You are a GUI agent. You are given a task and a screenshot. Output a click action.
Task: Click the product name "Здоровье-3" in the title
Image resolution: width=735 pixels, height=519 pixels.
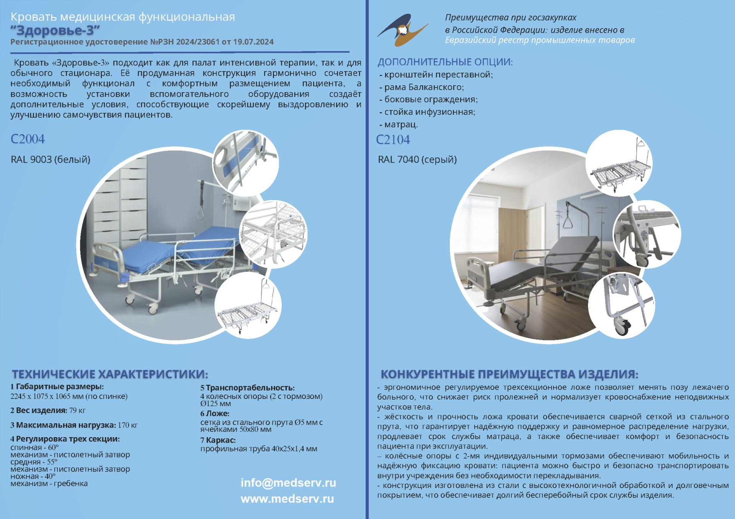pyautogui.click(x=55, y=30)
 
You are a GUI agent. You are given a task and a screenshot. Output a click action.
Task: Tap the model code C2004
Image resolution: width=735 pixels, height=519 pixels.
pyautogui.click(x=28, y=139)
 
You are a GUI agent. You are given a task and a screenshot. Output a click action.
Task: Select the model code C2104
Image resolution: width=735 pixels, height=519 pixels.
pyautogui.click(x=393, y=140)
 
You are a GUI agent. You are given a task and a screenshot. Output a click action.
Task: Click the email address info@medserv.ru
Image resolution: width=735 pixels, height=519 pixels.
pyautogui.click(x=288, y=483)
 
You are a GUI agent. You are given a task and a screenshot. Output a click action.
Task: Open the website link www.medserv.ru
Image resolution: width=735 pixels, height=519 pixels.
pyautogui.click(x=287, y=499)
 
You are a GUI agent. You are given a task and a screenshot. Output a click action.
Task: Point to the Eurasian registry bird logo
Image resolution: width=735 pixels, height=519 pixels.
pyautogui.click(x=403, y=30)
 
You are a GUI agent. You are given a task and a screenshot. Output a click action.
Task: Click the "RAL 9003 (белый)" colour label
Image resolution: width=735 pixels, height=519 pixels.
pyautogui.click(x=51, y=159)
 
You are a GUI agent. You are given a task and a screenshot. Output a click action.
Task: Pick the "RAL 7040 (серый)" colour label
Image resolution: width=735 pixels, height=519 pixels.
pyautogui.click(x=417, y=159)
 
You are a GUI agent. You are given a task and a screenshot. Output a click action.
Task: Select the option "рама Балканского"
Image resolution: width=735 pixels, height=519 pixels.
pyautogui.click(x=424, y=87)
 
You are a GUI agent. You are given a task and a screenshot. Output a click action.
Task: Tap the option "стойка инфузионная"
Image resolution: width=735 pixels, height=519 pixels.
pyautogui.click(x=430, y=112)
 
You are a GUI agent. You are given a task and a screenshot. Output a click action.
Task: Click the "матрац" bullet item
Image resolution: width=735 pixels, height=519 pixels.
pyautogui.click(x=401, y=125)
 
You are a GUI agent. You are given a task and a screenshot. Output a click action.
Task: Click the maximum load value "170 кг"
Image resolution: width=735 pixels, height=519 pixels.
pyautogui.click(x=128, y=425)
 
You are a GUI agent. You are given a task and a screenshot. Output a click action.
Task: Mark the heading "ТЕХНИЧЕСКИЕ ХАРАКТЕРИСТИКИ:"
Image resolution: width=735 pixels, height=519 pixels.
pyautogui.click(x=110, y=374)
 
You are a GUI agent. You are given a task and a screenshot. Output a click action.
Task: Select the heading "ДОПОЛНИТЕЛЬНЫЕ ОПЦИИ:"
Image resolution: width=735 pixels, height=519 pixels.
pyautogui.click(x=445, y=62)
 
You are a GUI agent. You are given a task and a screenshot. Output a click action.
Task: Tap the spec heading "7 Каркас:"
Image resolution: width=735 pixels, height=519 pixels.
pyautogui.click(x=218, y=440)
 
